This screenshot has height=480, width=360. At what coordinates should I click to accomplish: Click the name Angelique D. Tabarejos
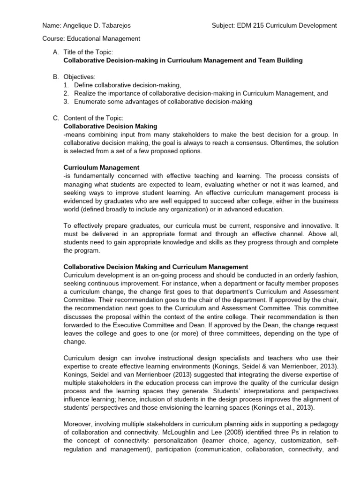pos(85,25)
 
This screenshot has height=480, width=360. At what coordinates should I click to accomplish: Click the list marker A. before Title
pos(55,52)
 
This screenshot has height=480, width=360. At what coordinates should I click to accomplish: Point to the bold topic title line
pos(183,60)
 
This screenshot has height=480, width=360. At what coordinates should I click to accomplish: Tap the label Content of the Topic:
pos(93,118)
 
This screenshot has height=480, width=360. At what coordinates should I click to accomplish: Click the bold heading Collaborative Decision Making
pos(110,127)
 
